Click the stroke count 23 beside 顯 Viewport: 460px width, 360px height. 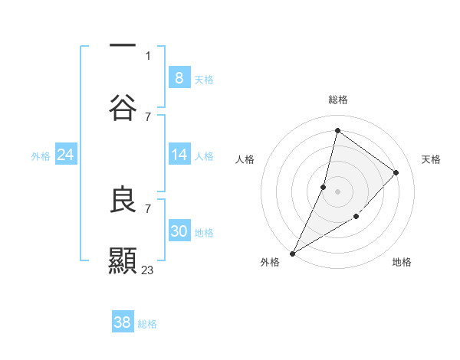(148, 270)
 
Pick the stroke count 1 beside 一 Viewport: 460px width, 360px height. (148, 56)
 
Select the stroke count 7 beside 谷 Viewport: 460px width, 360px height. (148, 116)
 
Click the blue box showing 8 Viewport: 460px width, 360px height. (179, 77)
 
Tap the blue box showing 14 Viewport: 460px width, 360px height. (179, 155)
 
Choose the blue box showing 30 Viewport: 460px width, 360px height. (179, 231)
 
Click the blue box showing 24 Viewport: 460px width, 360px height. (65, 155)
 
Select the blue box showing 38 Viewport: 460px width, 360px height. (122, 322)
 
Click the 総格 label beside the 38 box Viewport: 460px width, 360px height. (148, 324)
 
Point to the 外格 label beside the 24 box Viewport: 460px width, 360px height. (41, 156)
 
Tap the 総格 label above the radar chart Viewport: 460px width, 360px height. (337, 100)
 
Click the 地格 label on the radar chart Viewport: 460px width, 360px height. (402, 262)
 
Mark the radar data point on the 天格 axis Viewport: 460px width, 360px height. (396, 172)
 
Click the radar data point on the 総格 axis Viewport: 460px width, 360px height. (337, 131)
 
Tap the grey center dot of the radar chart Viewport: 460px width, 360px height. (337, 191)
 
